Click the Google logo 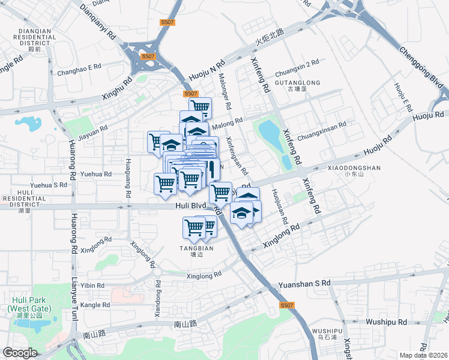point(20,353)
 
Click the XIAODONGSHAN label point(354,169)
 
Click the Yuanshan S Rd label point(304,283)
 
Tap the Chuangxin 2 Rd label point(297,64)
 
